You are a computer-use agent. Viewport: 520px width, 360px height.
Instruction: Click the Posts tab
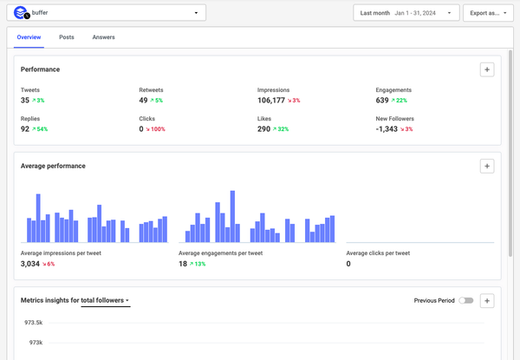(x=67, y=37)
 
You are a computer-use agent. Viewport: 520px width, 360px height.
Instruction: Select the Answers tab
(x=103, y=37)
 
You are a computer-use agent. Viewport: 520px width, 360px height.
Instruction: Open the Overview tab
(x=29, y=37)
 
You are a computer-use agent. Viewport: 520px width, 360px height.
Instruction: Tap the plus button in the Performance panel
(x=487, y=69)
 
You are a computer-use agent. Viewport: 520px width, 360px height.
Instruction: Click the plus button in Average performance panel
(x=487, y=166)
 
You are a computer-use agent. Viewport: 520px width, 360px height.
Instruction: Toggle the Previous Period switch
(x=467, y=300)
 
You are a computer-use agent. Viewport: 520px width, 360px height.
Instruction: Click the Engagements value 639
(x=383, y=101)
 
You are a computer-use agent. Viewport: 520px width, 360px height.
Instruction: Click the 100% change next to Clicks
(x=156, y=129)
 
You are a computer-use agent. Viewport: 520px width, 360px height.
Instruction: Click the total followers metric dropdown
(x=106, y=300)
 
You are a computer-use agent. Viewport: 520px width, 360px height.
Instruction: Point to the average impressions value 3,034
(x=31, y=264)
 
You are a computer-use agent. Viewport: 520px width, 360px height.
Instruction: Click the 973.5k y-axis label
(x=34, y=322)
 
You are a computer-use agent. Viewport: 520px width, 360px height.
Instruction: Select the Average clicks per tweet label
(x=378, y=253)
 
